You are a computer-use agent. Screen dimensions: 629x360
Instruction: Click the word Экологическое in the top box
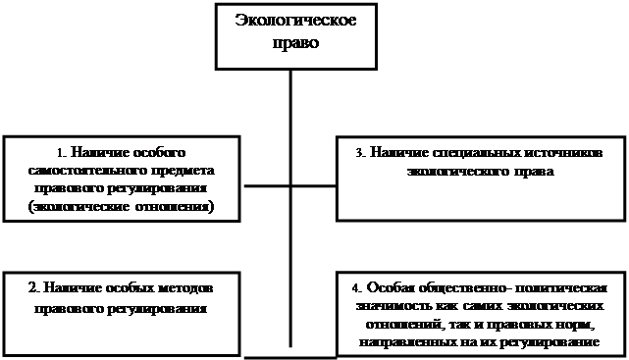click(x=295, y=20)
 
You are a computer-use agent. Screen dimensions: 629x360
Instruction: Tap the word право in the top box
click(x=296, y=42)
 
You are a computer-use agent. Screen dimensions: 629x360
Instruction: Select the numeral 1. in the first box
click(x=60, y=153)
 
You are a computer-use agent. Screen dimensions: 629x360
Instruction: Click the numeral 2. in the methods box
click(x=33, y=288)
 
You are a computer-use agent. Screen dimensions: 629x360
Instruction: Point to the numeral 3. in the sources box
click(x=360, y=153)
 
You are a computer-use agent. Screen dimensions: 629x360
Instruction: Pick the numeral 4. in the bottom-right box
click(x=356, y=288)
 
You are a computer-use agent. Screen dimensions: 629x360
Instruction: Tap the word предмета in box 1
click(x=183, y=172)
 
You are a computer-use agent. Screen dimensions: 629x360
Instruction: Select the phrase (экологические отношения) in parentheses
click(x=121, y=207)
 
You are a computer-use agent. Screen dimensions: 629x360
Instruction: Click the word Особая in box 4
click(x=392, y=287)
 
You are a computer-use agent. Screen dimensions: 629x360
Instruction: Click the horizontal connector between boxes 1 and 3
click(x=290, y=186)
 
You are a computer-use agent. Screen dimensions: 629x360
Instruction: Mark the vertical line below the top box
click(x=290, y=209)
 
